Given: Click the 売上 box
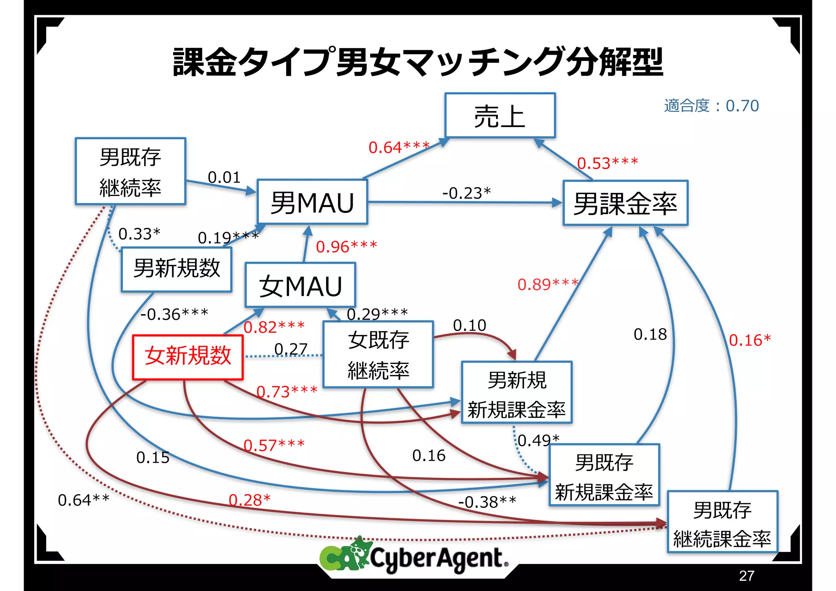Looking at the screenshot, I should point(500,116).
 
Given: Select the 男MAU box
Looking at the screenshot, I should point(312,202).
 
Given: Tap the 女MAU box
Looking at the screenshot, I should point(300,285).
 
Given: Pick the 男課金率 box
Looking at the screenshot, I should point(625,203).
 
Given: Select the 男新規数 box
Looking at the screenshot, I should point(176,269).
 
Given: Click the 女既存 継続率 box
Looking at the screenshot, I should point(378,355).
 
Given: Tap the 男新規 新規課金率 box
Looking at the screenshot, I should point(516,393).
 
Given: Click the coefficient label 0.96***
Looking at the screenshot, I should point(346,247).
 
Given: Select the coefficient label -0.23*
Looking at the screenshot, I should point(467,193).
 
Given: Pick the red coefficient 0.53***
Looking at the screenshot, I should point(607,163).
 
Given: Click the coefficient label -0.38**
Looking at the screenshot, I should point(487,502).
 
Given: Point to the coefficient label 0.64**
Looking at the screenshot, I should point(84,500).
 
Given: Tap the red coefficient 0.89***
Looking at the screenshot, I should point(548,284).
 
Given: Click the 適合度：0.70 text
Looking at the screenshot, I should point(711,106).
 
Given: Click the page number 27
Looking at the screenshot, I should point(746,575).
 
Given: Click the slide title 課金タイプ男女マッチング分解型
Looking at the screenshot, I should point(418,62).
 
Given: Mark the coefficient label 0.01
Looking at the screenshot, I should point(224,177).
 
